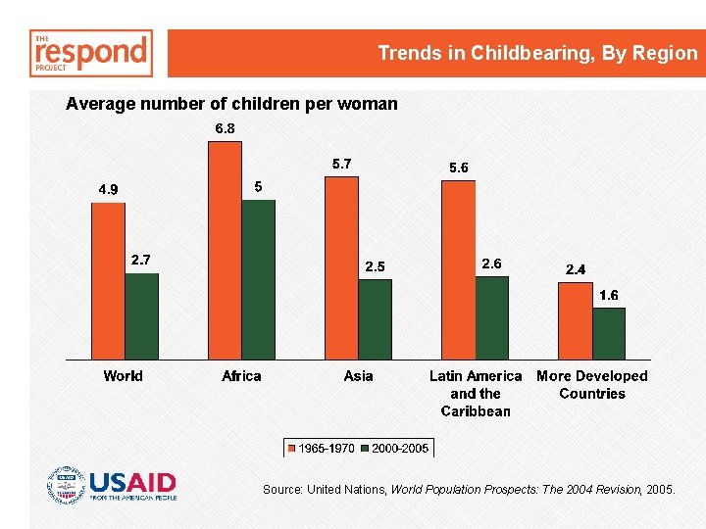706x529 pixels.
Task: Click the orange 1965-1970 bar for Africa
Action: point(225,250)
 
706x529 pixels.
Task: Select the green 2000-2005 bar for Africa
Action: point(258,279)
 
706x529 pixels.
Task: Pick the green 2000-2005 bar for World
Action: point(141,315)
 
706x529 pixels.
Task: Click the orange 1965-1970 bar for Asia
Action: point(341,267)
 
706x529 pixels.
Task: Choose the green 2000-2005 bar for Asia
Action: point(375,319)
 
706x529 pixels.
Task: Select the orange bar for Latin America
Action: point(458,269)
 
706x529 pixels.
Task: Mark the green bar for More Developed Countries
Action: point(608,333)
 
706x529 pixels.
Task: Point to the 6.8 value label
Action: point(225,128)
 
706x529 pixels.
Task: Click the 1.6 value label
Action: point(609,295)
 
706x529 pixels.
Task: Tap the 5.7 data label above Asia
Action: point(341,164)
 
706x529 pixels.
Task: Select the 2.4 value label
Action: point(576,269)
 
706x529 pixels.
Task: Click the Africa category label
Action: point(241,376)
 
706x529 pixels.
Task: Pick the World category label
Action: point(123,376)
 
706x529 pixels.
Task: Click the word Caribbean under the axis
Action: point(476,411)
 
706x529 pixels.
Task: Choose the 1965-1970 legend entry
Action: point(321,449)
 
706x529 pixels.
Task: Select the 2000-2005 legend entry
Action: point(394,449)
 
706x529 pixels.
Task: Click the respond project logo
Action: point(92,53)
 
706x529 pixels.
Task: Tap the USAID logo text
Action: point(132,482)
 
